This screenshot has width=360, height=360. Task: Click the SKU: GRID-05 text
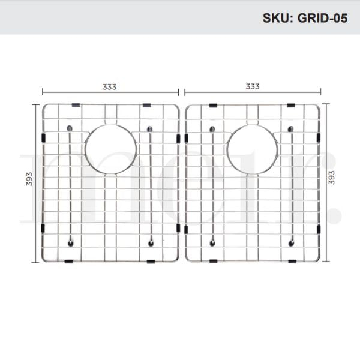tap(305, 17)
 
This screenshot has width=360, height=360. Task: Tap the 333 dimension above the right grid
tap(252, 86)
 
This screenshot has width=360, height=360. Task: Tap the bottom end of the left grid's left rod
tap(71, 242)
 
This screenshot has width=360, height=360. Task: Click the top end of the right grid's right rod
tap(292, 129)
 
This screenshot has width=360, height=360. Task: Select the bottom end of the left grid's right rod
tap(150, 242)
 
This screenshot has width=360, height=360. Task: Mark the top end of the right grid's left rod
tap(212, 129)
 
